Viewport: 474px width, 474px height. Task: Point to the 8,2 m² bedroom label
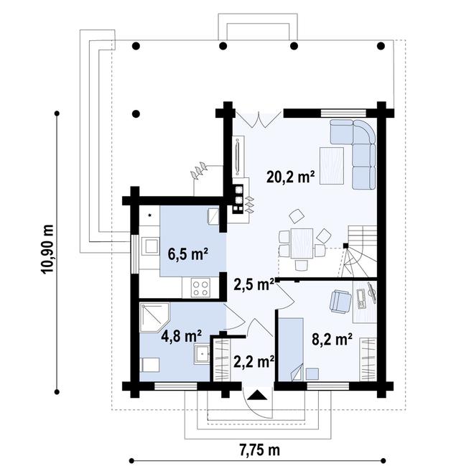pyautogui.click(x=332, y=339)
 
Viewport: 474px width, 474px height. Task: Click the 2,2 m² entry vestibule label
pyautogui.click(x=252, y=361)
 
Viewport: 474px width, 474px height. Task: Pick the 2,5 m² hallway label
pyautogui.click(x=254, y=284)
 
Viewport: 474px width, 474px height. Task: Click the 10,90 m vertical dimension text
pyautogui.click(x=47, y=248)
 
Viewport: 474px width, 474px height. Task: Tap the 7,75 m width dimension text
pyautogui.click(x=259, y=450)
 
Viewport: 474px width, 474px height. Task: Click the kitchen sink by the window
pyautogui.click(x=151, y=246)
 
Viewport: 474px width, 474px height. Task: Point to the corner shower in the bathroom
pyautogui.click(x=155, y=317)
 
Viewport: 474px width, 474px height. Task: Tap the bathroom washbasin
pyautogui.click(x=201, y=353)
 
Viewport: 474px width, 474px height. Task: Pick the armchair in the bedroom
pyautogui.click(x=340, y=300)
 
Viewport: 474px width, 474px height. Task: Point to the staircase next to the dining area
pyautogui.click(x=359, y=251)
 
